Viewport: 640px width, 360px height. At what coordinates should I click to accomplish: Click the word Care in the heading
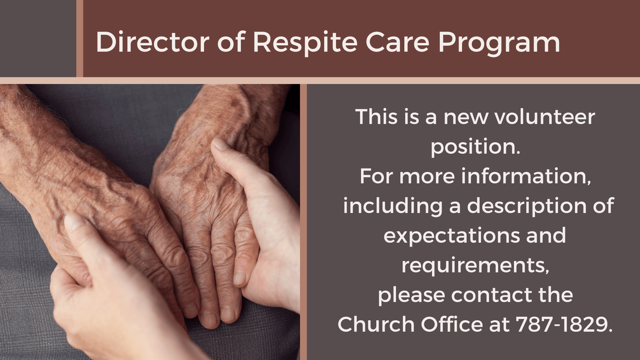point(397,42)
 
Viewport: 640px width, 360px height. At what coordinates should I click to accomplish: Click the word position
point(475,147)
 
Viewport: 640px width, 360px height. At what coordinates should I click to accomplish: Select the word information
point(526,176)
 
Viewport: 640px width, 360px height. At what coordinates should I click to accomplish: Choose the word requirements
point(475,266)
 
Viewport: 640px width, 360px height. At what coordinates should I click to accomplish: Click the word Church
point(376,324)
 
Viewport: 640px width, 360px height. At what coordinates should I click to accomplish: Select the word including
point(393,206)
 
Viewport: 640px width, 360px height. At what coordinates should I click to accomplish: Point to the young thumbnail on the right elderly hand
point(220,144)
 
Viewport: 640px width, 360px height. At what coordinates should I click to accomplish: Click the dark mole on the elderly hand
point(202,146)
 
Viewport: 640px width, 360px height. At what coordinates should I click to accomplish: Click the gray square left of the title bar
point(38,38)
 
